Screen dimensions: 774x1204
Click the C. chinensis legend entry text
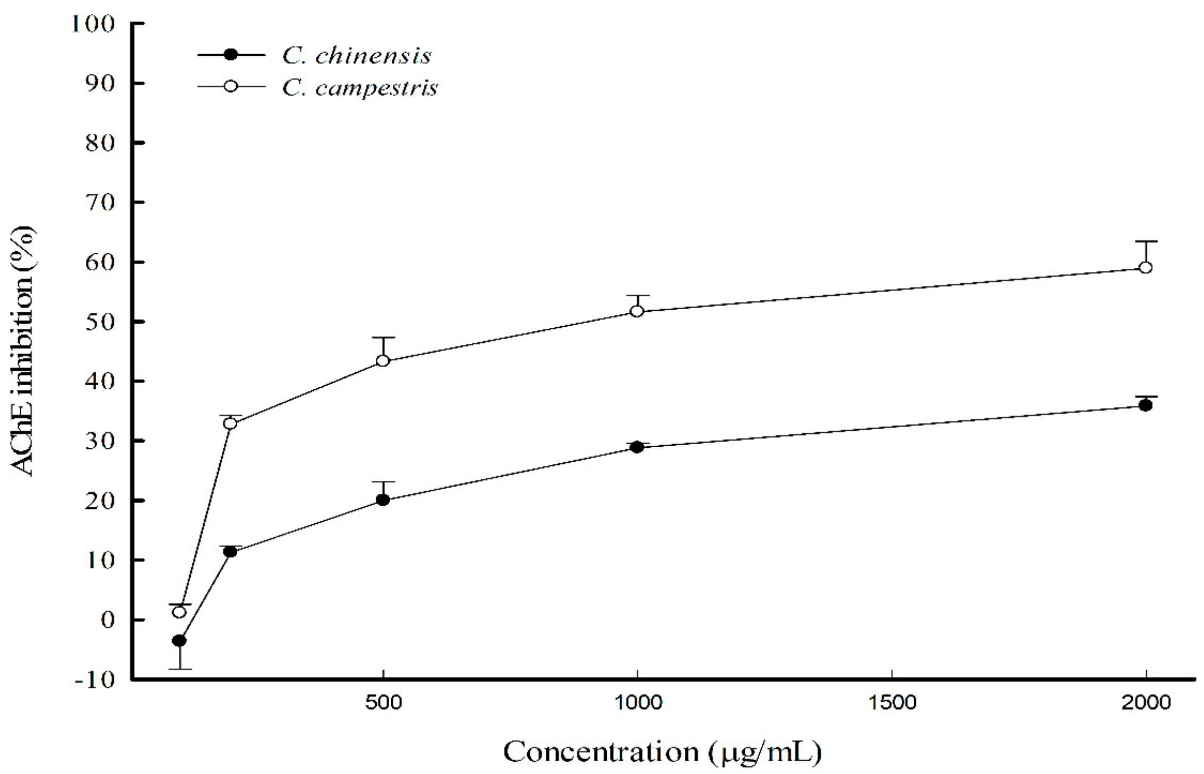click(x=356, y=56)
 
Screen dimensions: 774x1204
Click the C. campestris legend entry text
click(x=359, y=88)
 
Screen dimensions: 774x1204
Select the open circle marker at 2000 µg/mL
click(x=1146, y=267)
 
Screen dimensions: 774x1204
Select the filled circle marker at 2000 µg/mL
click(x=1146, y=405)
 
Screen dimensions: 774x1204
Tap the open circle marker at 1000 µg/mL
click(x=637, y=311)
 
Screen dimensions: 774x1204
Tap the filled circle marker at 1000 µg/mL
click(x=637, y=447)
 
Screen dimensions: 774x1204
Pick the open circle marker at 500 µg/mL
click(x=383, y=361)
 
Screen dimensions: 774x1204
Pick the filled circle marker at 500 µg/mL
click(x=383, y=500)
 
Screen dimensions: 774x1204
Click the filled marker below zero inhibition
click(x=179, y=641)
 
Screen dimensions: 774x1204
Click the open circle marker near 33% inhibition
click(x=230, y=423)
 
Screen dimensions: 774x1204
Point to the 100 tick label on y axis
click(x=93, y=24)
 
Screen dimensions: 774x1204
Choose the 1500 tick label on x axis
click(x=892, y=703)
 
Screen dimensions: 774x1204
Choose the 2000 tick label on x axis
click(x=1146, y=703)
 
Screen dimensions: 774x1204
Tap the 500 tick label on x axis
click(x=383, y=703)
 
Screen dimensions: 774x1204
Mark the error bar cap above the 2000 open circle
click(x=1146, y=241)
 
